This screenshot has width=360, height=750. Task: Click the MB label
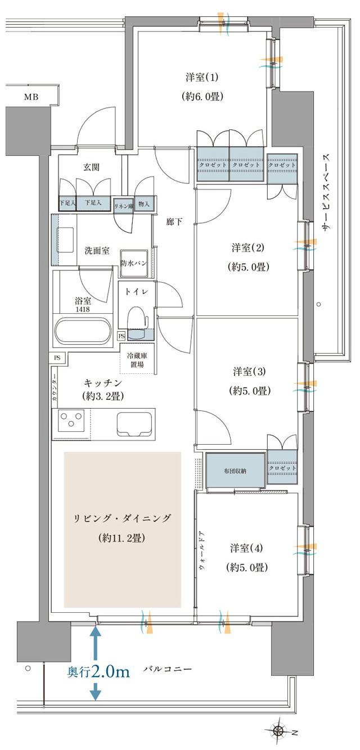coord(31,97)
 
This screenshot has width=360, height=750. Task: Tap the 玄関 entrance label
coord(92,167)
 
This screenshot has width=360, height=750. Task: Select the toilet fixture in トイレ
coord(137,320)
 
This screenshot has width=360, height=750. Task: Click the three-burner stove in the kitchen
coord(71,423)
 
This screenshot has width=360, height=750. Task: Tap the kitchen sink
coord(135,423)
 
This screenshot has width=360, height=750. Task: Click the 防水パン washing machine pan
coord(134,263)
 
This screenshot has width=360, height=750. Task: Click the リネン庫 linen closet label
coord(123,205)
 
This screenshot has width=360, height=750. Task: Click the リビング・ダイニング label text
coord(122,518)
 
